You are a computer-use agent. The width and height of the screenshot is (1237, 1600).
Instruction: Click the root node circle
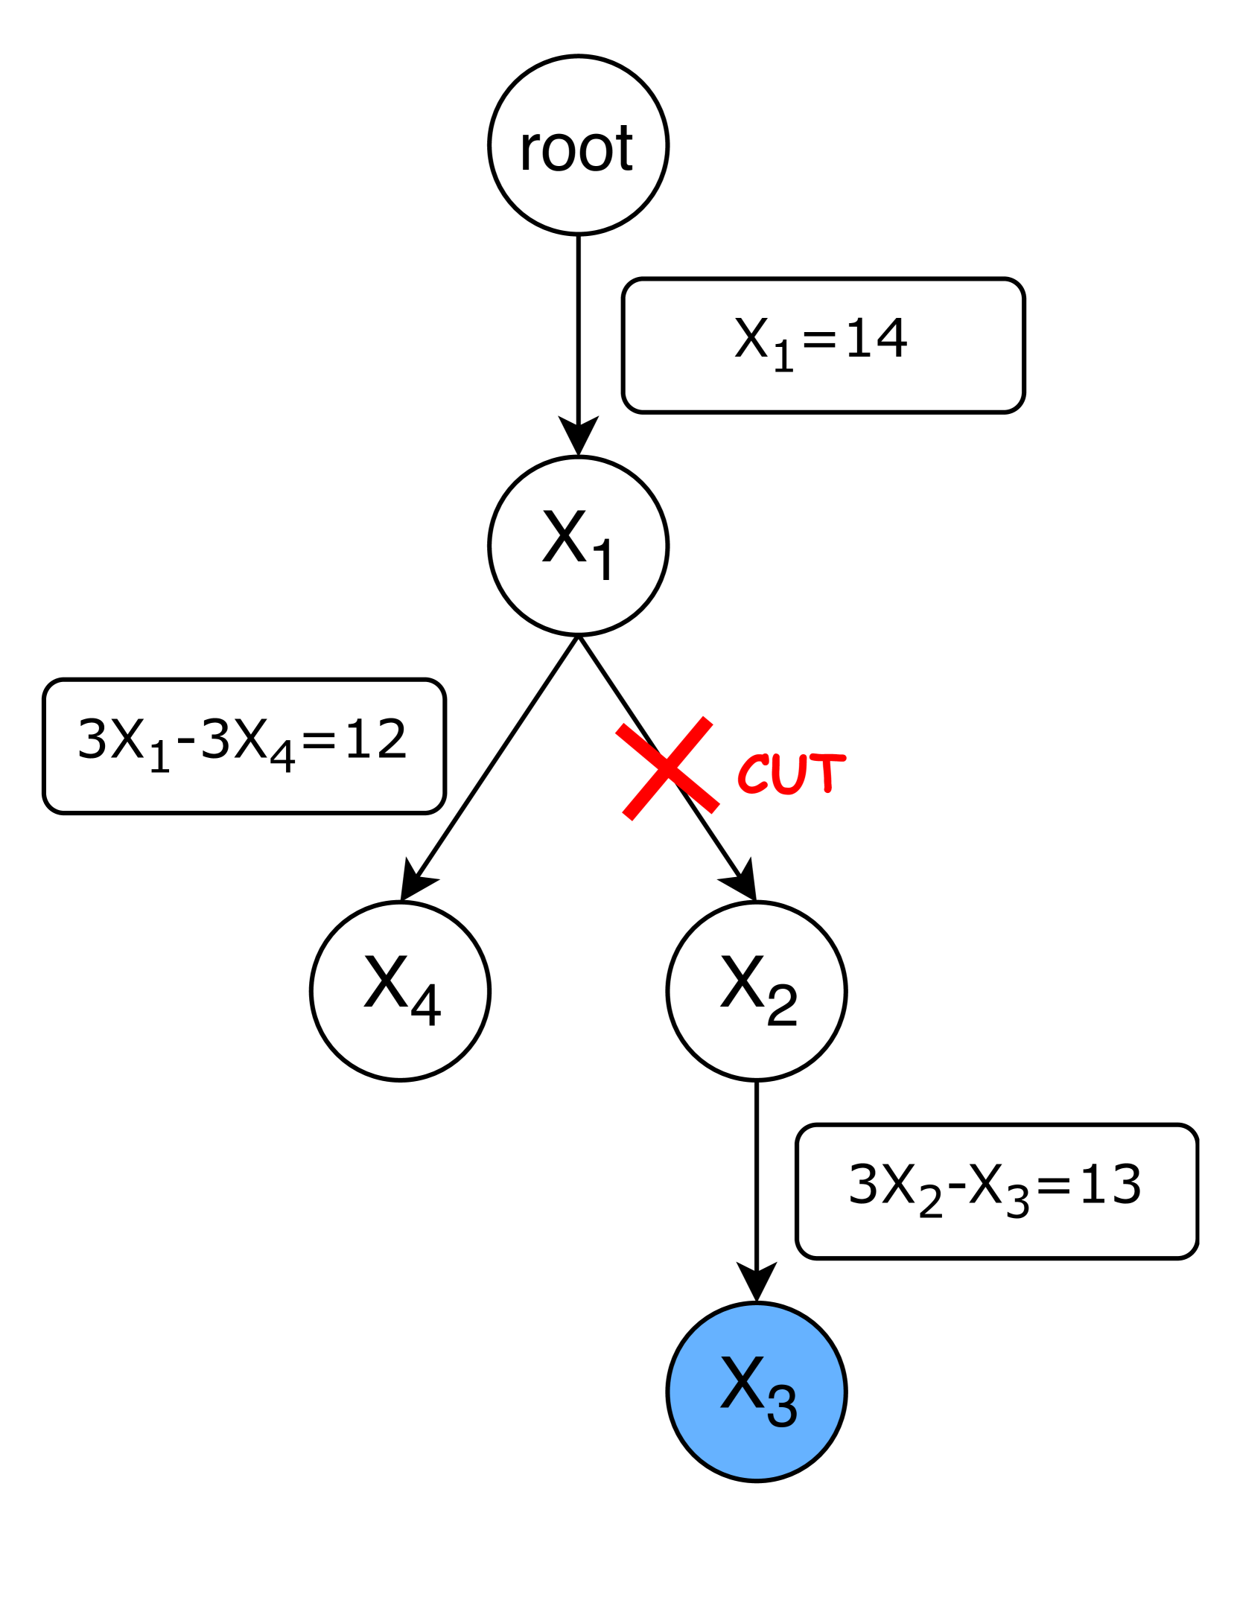click(578, 145)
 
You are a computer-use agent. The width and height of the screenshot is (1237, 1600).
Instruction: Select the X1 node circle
click(578, 546)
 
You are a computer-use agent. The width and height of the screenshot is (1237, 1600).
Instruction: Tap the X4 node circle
click(400, 991)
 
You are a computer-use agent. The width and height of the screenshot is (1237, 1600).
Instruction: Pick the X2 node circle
click(756, 991)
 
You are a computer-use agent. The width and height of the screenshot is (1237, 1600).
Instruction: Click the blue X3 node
click(756, 1392)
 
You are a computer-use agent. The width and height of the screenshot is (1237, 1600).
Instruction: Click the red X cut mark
click(667, 768)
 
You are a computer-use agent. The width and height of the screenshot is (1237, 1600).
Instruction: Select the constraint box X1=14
click(823, 345)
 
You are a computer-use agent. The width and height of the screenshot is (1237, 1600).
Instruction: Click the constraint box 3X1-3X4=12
click(244, 746)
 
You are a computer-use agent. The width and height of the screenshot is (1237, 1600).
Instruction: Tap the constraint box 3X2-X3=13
click(996, 1191)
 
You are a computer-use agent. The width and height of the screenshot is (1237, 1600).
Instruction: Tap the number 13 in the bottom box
click(1110, 1185)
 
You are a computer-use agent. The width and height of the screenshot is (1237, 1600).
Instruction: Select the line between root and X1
click(578, 328)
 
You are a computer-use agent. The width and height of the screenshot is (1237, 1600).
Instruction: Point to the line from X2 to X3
click(756, 1176)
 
